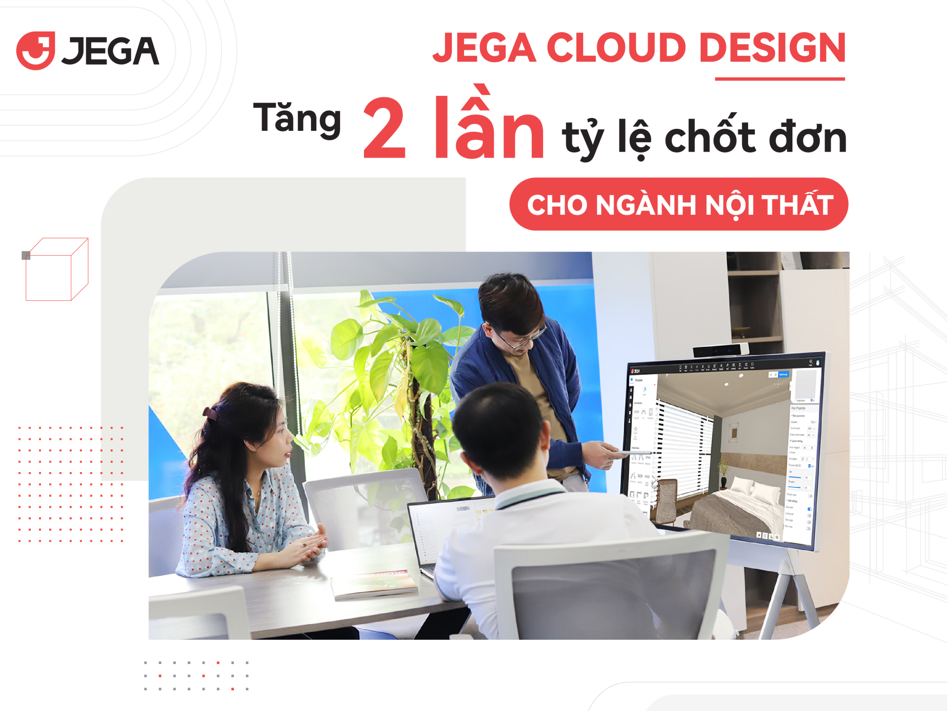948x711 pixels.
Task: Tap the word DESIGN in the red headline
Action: (x=772, y=48)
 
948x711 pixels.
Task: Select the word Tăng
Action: (x=297, y=118)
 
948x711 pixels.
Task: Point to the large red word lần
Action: (x=489, y=126)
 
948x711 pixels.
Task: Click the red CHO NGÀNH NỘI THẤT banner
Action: (x=679, y=204)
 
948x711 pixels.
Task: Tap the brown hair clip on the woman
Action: (x=210, y=413)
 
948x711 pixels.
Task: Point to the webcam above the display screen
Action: (x=721, y=350)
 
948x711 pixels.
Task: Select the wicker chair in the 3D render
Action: (x=666, y=499)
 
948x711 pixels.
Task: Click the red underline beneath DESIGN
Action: (x=780, y=79)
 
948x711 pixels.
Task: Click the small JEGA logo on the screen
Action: (x=635, y=371)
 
